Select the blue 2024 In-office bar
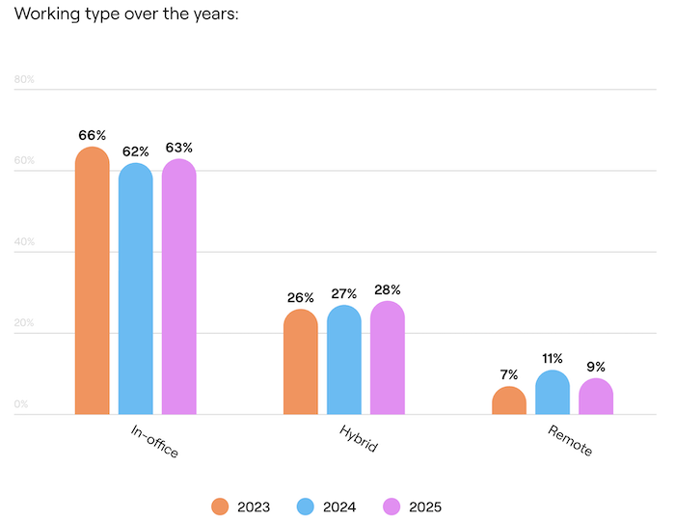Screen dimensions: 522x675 point(136,289)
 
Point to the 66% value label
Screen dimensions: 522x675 point(93,135)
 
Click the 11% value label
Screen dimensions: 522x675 point(553,359)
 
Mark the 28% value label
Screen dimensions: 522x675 point(388,289)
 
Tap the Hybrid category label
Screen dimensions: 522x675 point(358,438)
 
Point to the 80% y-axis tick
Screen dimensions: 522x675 point(24,79)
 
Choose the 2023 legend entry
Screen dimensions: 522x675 point(240,507)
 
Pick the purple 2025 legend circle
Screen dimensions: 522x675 point(392,507)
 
